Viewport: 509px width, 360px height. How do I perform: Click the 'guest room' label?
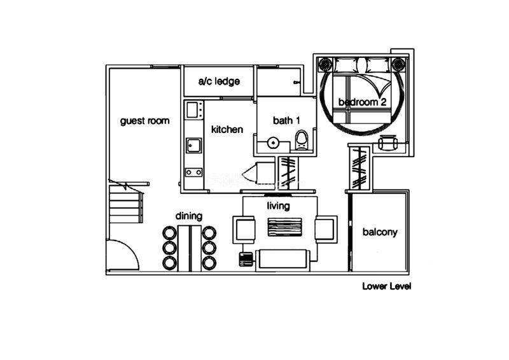tap(145, 121)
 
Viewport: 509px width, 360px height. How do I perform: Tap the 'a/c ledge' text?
tap(219, 81)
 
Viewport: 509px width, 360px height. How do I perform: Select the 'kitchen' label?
tap(227, 129)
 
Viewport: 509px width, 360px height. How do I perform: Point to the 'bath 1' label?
tap(287, 120)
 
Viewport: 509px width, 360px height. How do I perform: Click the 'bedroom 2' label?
tap(362, 102)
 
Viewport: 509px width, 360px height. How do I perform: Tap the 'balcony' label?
tap(380, 232)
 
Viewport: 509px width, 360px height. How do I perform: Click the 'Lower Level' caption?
tap(387, 286)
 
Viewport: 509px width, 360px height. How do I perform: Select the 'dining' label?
tap(189, 216)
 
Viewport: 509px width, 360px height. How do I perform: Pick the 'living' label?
tap(278, 206)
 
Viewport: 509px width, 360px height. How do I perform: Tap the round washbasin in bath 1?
tap(272, 142)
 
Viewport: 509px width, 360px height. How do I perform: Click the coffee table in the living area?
tap(284, 227)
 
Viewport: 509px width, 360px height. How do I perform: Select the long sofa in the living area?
tap(282, 260)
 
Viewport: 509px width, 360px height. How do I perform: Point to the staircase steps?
tap(126, 204)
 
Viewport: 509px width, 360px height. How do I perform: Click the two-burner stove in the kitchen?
tap(194, 172)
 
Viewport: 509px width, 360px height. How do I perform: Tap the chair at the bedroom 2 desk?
tap(387, 142)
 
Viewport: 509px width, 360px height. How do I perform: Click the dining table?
tap(190, 248)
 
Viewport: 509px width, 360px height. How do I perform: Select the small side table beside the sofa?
tap(246, 259)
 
